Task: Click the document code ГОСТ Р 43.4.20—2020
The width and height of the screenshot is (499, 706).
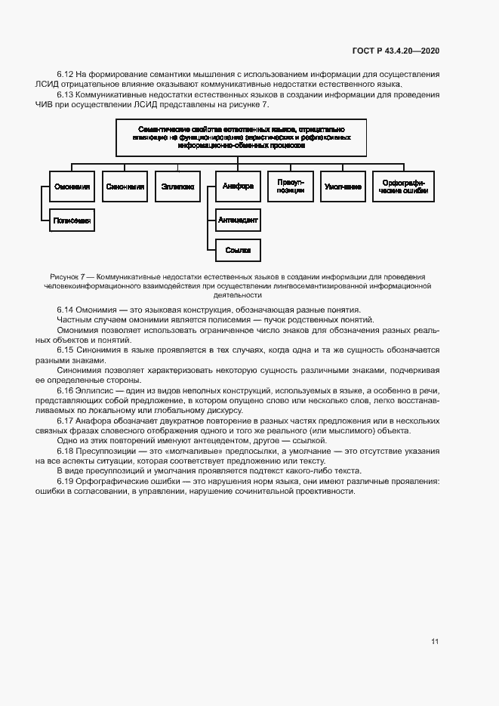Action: [x=396, y=51]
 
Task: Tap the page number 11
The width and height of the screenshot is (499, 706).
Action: [x=435, y=642]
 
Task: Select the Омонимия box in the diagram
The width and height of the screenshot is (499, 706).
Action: [x=72, y=186]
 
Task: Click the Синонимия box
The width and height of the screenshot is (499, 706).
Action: [x=125, y=186]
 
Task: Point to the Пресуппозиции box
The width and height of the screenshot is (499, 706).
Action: [x=291, y=186]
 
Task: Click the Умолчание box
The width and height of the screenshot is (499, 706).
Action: [x=343, y=186]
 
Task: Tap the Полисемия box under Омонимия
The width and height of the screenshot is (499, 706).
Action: [x=72, y=221]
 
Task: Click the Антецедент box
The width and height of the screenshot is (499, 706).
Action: [x=238, y=220]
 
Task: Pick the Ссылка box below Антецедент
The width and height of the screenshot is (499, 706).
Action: [x=238, y=249]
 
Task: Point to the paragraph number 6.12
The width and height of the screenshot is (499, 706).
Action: [x=66, y=74]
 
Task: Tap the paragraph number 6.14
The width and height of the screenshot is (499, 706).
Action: [x=66, y=310]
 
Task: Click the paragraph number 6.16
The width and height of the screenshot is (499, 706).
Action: [x=66, y=390]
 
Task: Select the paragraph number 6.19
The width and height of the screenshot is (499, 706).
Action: [x=66, y=480]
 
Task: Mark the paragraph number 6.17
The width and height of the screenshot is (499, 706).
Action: [x=66, y=420]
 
